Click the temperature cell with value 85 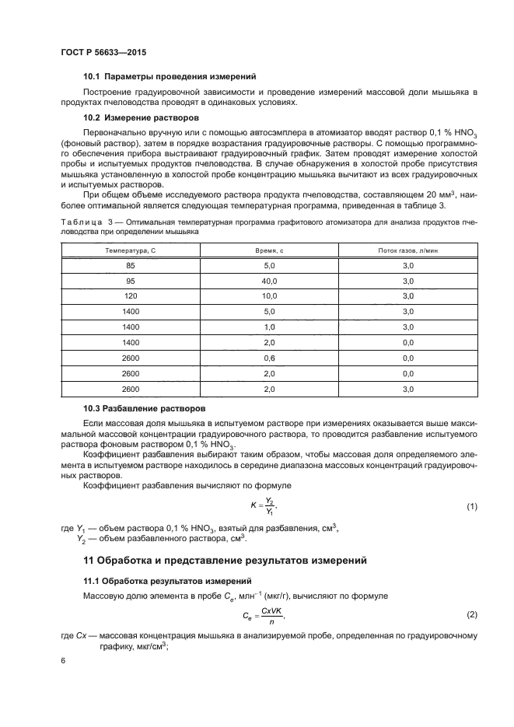click(130, 266)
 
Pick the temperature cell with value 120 click(130, 296)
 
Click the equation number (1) click(471, 507)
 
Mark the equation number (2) click(471, 616)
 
